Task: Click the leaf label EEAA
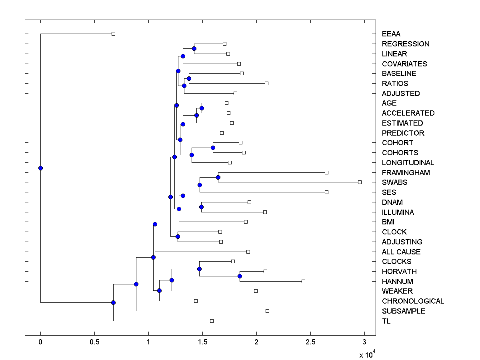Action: point(391,34)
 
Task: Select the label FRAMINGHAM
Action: point(406,173)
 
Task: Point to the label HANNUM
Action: point(397,282)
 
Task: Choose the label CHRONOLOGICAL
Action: point(413,301)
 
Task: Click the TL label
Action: point(386,321)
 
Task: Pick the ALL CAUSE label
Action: point(401,252)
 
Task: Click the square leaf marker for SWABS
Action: point(360,182)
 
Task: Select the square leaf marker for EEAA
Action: point(113,34)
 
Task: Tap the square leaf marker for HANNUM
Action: point(303,281)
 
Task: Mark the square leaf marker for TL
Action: point(212,321)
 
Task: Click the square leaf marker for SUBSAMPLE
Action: point(267,311)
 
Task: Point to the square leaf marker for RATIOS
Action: point(266,83)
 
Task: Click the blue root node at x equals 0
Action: point(40,168)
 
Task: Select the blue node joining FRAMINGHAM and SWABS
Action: point(218,177)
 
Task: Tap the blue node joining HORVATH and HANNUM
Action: point(240,276)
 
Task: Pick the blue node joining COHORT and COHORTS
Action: point(213,148)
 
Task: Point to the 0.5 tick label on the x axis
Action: point(94,342)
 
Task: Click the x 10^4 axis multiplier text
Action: point(366,354)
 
